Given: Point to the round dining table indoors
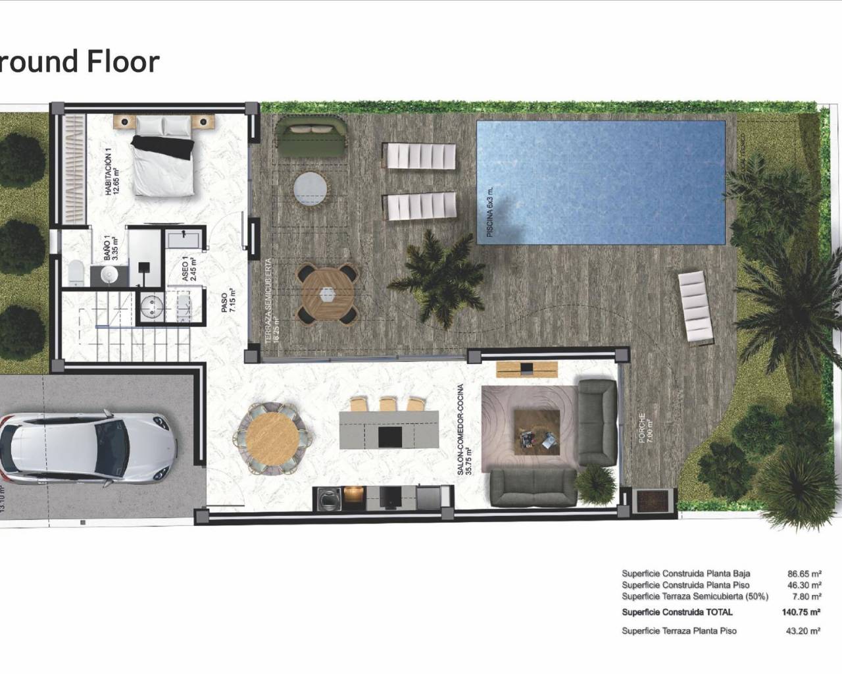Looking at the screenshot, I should point(272,436).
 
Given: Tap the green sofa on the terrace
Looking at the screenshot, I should point(309,136).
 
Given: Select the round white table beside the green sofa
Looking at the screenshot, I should point(310,190).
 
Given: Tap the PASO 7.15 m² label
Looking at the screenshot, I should point(228,302).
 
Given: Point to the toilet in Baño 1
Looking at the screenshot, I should point(76,272).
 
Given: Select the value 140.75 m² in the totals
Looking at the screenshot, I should point(800,612).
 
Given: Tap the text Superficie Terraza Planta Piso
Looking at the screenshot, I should point(679,631).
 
